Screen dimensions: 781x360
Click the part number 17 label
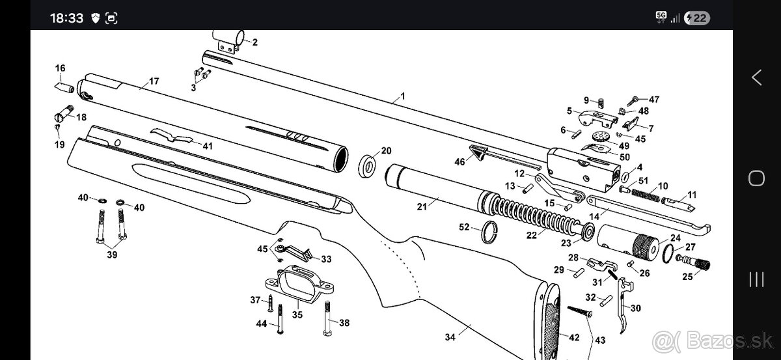(154, 81)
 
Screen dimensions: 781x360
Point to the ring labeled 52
(489, 232)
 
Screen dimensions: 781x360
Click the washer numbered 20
(368, 167)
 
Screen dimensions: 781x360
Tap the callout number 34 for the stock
(450, 337)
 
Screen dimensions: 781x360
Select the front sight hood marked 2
(229, 42)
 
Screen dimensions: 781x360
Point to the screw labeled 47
(633, 101)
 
